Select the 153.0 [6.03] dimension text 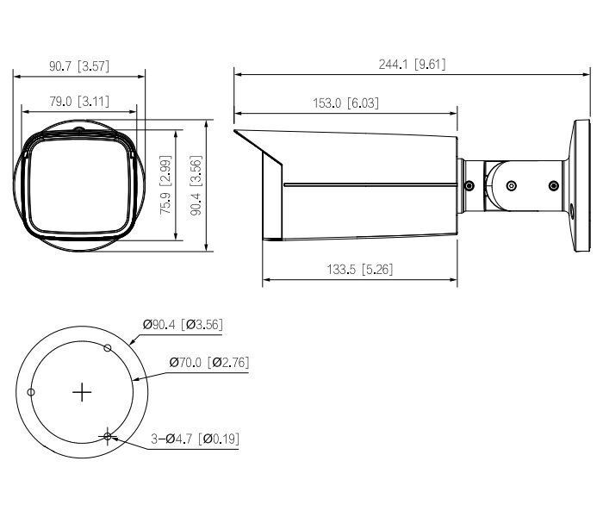(x=345, y=103)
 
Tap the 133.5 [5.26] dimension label (x=359, y=270)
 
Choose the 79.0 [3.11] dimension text (x=79, y=102)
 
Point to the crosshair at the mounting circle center (x=82, y=393)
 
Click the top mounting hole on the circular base (x=108, y=347)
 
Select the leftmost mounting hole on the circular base (x=31, y=393)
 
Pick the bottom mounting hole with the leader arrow (x=108, y=437)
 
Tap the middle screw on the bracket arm (x=512, y=185)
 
